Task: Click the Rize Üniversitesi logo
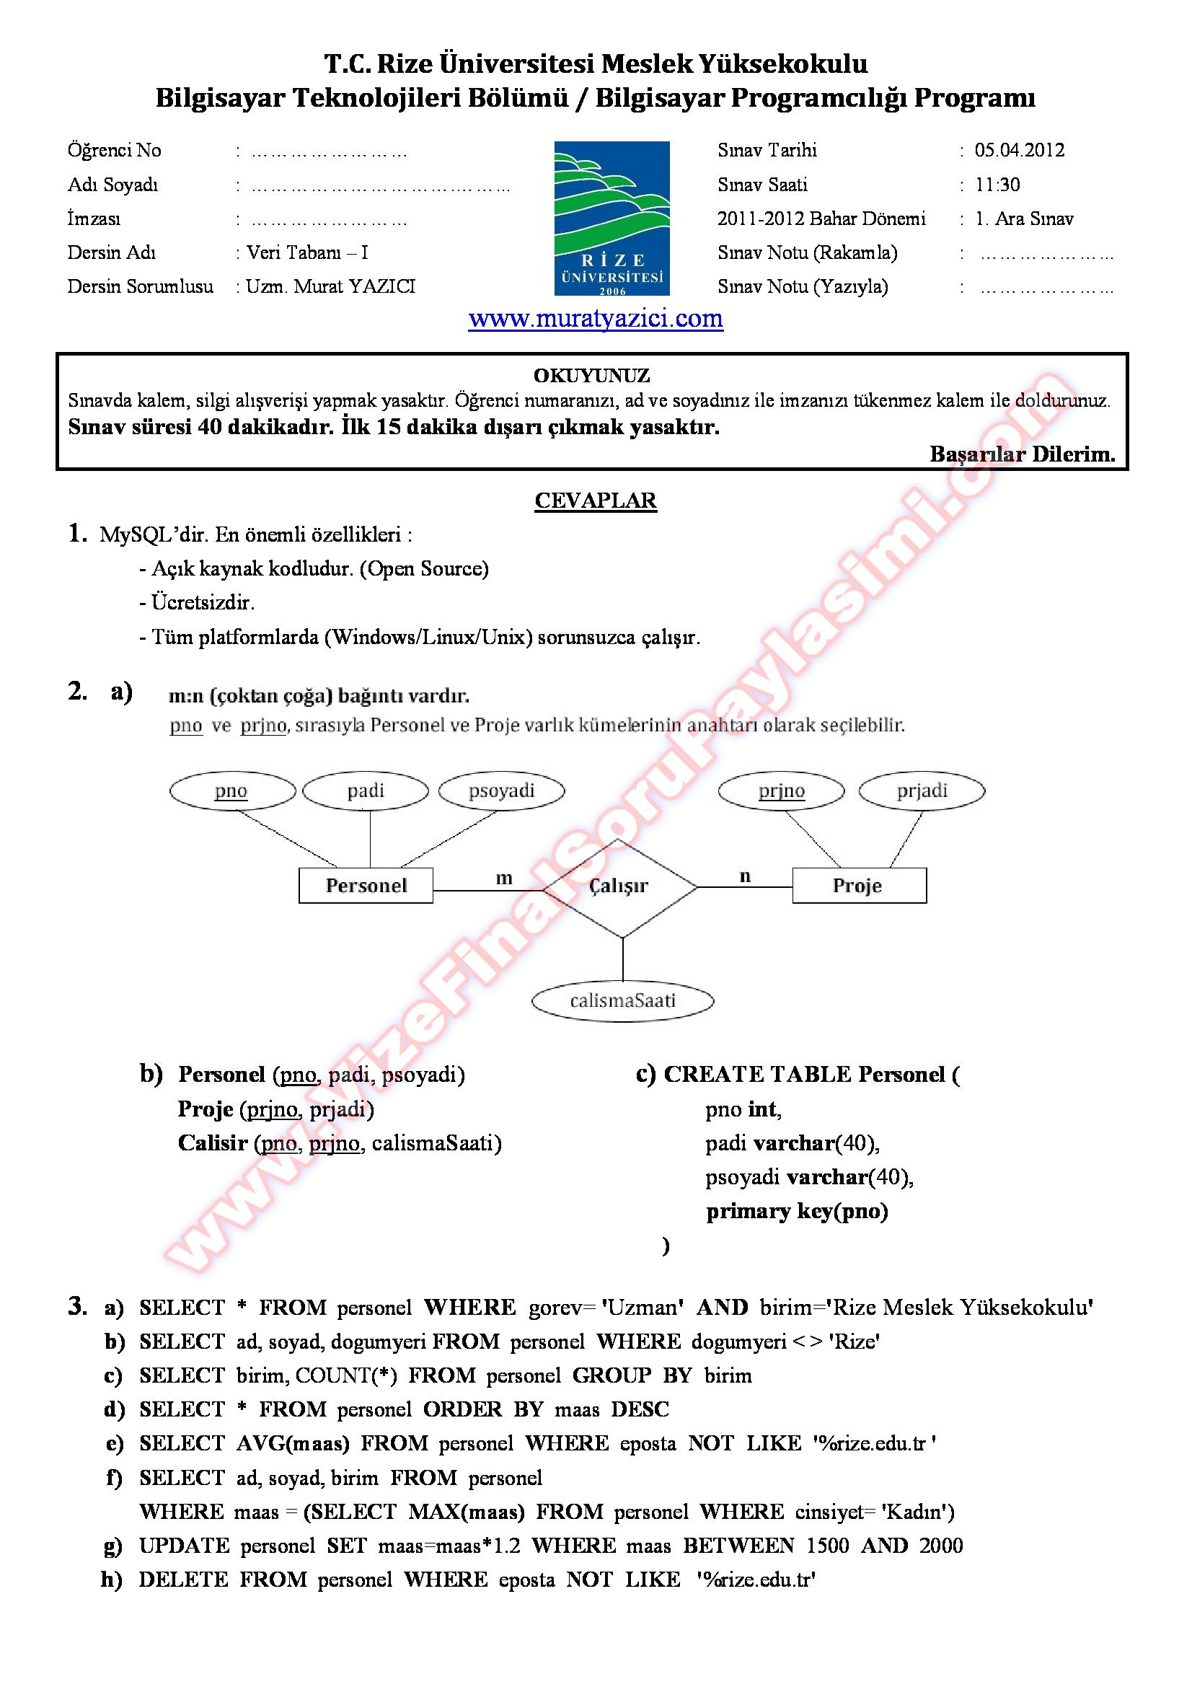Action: [611, 219]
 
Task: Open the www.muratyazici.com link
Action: [596, 319]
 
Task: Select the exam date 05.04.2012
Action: [1020, 151]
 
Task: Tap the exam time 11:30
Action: [997, 185]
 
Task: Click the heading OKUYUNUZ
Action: [591, 376]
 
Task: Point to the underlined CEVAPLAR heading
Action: [596, 501]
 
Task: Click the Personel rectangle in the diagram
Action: [366, 886]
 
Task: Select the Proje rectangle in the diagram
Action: [859, 886]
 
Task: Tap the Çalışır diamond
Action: [619, 887]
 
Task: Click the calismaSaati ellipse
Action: [623, 1000]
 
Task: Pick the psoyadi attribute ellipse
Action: [502, 791]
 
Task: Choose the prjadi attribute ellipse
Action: [922, 791]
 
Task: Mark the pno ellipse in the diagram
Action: [231, 791]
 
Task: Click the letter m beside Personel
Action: [504, 878]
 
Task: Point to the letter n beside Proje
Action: [745, 876]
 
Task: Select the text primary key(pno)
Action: [797, 1211]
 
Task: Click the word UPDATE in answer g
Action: [185, 1546]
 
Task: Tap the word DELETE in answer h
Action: [184, 1580]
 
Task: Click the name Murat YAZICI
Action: [355, 286]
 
